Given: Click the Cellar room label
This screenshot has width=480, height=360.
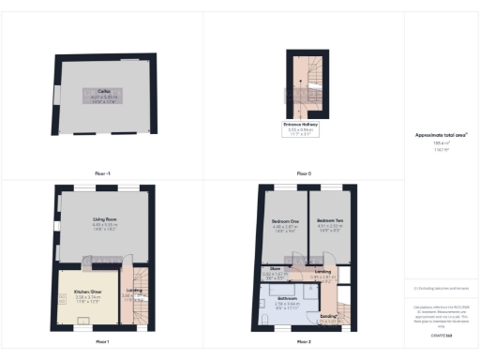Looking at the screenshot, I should [104, 91].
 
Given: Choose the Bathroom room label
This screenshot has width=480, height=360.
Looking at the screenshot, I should [286, 299].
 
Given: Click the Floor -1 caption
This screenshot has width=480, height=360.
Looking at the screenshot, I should [102, 173].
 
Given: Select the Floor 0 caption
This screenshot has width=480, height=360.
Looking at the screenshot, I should [303, 173].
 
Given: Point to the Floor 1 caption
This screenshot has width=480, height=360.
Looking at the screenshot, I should [102, 340].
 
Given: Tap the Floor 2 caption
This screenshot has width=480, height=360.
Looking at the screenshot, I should [303, 340].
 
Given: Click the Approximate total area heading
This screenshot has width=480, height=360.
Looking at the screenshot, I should [440, 135].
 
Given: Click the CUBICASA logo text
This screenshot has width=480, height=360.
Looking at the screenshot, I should [440, 334].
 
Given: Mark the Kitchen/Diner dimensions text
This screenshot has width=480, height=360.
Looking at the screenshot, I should [88, 297].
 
